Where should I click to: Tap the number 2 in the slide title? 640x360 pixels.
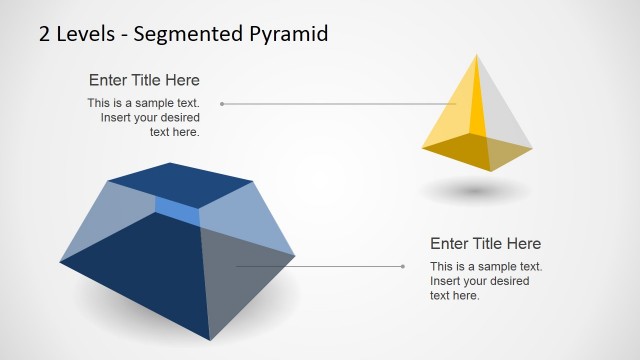[45, 34]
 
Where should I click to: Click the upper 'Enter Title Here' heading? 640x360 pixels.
[144, 80]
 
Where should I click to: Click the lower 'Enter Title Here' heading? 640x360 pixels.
[485, 243]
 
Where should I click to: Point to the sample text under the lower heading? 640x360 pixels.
[485, 280]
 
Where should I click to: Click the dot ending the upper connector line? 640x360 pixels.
[222, 103]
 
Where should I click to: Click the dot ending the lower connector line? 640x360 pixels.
[402, 266]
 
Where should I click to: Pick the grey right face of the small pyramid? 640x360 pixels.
[505, 115]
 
